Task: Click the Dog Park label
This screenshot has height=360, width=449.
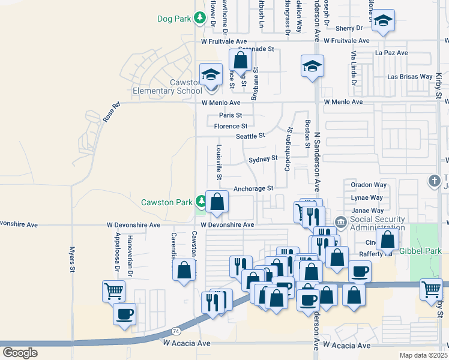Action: tap(173, 19)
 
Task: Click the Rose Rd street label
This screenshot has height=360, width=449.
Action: tap(111, 113)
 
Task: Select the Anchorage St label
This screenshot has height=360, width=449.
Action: tap(253, 188)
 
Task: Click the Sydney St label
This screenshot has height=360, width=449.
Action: tap(263, 158)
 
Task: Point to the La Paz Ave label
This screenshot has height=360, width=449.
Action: tap(391, 53)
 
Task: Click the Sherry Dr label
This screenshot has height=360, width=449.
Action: tap(349, 28)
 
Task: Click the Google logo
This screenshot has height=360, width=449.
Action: tap(20, 353)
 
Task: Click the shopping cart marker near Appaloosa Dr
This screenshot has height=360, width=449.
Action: tap(113, 291)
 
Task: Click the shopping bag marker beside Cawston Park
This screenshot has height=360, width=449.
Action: tap(217, 202)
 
